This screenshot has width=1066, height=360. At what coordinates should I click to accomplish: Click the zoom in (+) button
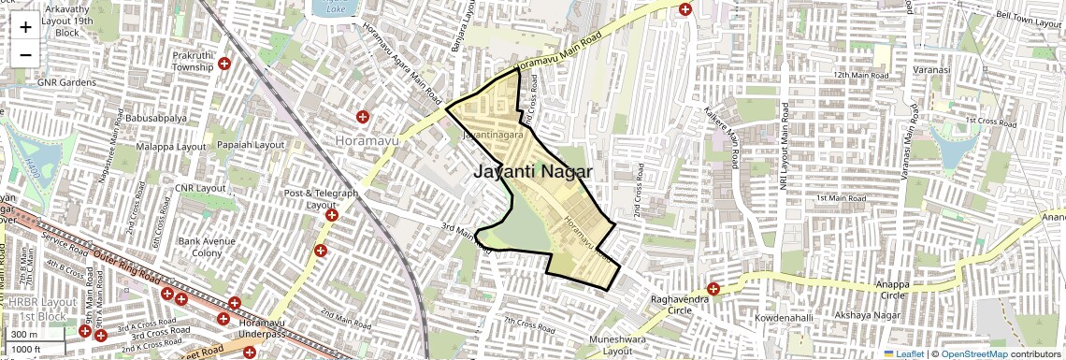25,26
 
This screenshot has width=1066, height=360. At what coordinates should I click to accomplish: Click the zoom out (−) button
25,54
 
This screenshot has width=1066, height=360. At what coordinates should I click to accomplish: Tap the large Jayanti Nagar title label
532,171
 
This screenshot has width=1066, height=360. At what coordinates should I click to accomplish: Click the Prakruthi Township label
194,62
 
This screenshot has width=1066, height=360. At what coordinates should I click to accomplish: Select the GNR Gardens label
67,82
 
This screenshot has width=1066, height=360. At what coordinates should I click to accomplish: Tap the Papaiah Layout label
249,145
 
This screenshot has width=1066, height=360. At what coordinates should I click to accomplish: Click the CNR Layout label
201,188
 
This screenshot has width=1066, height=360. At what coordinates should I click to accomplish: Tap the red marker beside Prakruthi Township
224,63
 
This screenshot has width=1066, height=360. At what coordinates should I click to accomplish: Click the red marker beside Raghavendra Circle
714,289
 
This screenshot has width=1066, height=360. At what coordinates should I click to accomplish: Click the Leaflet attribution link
903,354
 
